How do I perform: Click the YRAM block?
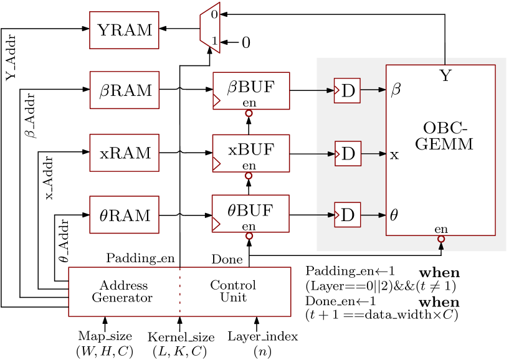click(124, 30)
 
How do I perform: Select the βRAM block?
click(124, 90)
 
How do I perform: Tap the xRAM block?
click(124, 153)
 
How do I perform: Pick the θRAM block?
click(124, 215)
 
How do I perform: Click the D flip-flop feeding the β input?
click(347, 91)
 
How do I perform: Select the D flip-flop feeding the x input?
click(348, 153)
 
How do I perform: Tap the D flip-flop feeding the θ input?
click(347, 215)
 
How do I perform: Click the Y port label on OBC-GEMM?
click(445, 77)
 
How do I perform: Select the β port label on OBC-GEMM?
click(396, 91)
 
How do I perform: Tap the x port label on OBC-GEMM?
click(394, 154)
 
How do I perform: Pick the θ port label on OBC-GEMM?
click(394, 216)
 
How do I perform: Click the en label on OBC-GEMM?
click(441, 229)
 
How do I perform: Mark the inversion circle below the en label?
click(441, 239)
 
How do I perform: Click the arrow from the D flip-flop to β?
click(374, 90)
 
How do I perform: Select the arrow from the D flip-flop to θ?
click(374, 215)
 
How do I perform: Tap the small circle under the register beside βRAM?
click(249, 113)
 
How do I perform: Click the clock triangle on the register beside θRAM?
click(216, 224)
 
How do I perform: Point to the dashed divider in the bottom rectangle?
click(180, 291)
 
